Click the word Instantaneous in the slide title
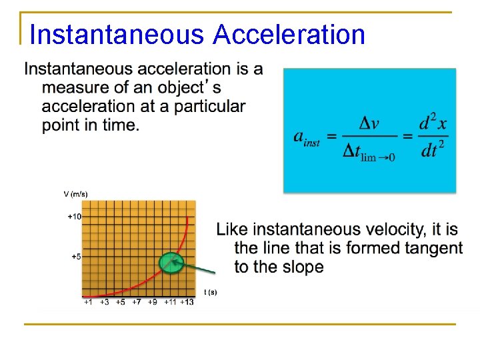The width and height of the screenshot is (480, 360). (x=117, y=35)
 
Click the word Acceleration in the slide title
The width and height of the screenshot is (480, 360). (x=289, y=35)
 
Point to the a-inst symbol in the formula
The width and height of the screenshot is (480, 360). (x=307, y=138)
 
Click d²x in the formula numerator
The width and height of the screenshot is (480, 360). (x=433, y=123)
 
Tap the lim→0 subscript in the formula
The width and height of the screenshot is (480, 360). (x=377, y=157)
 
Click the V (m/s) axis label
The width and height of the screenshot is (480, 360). (x=75, y=194)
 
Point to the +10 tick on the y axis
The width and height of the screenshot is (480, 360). (x=74, y=217)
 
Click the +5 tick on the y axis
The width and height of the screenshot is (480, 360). (x=75, y=257)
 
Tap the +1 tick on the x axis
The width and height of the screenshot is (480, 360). (x=88, y=303)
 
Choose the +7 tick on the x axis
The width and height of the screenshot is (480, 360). (x=137, y=303)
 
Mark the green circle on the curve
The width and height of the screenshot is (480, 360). (x=171, y=262)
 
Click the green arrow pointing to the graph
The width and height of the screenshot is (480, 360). (x=197, y=269)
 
